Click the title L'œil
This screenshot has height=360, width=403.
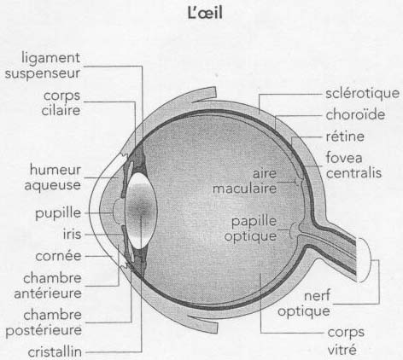[x=205, y=13]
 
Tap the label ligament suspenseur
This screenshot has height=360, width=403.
[x=43, y=66]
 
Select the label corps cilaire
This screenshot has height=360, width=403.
[x=61, y=103]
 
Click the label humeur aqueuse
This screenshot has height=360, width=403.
[x=53, y=177]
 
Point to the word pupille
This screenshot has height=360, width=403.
[x=58, y=213]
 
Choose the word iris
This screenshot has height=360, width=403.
[x=73, y=234]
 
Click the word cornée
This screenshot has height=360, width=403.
[x=59, y=256]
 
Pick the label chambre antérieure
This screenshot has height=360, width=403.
[x=48, y=286]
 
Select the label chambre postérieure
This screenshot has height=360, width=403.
[x=44, y=322]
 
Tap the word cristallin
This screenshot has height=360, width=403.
[x=55, y=352]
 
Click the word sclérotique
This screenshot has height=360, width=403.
[x=363, y=94]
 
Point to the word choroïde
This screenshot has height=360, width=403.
[x=355, y=114]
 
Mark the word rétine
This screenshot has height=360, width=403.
[x=345, y=136]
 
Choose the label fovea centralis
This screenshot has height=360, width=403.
[x=353, y=165]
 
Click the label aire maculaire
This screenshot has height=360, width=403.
[x=245, y=181]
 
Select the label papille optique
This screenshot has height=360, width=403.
[x=250, y=229]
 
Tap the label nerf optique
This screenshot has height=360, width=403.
[x=304, y=304]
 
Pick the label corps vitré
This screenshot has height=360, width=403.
[x=346, y=340]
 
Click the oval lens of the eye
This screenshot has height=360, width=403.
[x=142, y=211]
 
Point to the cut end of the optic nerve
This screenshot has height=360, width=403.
[x=364, y=259]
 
